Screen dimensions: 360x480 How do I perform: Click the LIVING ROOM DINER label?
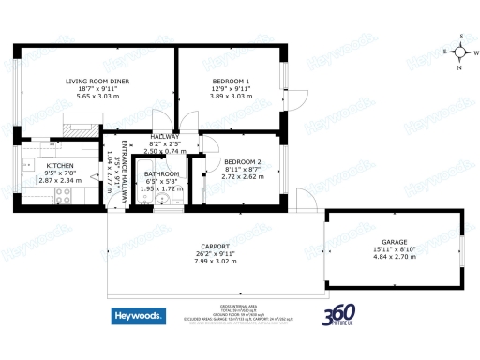(97, 82)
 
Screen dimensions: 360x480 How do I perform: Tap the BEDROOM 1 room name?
(231, 82)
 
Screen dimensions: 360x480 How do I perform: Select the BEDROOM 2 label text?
(241, 161)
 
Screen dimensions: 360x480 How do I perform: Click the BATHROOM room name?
(161, 173)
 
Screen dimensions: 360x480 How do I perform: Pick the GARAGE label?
(394, 240)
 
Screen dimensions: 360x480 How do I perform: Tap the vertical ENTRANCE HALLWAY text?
(122, 169)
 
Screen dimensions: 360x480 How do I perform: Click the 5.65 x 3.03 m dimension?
(97, 96)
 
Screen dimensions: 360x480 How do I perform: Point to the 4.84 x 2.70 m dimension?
(394, 255)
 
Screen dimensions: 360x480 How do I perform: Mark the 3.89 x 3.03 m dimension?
(231, 96)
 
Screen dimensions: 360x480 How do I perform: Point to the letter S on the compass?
(461, 36)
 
